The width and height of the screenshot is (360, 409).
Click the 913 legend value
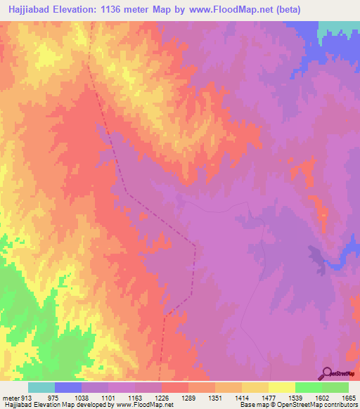pos(20,397)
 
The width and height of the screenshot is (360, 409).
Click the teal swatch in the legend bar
pos(41,387)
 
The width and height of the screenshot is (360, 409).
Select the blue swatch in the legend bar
pos(68,387)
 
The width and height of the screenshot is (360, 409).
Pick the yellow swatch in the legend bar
pos(281,387)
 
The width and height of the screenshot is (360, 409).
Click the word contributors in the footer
pos(340,405)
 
